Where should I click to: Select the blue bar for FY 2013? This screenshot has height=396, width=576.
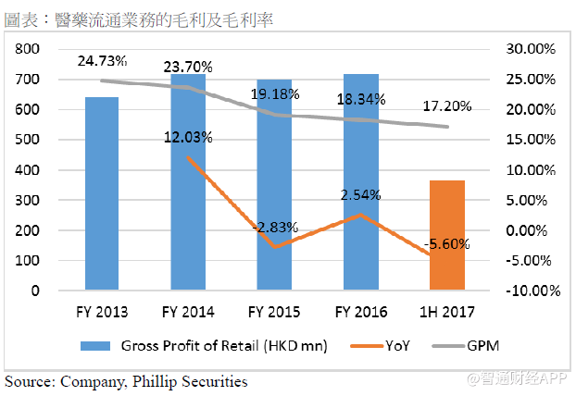pyautogui.click(x=102, y=193)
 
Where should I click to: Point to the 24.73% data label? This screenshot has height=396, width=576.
pyautogui.click(x=103, y=61)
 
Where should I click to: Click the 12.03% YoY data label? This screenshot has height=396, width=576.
pyautogui.click(x=188, y=138)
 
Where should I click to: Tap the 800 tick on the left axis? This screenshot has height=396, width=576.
pyautogui.click(x=29, y=49)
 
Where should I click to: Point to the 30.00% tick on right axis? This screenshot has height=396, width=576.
pyautogui.click(x=529, y=49)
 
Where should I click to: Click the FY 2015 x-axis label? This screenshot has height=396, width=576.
pyautogui.click(x=275, y=311)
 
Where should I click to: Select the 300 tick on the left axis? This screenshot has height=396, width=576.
pyautogui.click(x=29, y=200)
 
